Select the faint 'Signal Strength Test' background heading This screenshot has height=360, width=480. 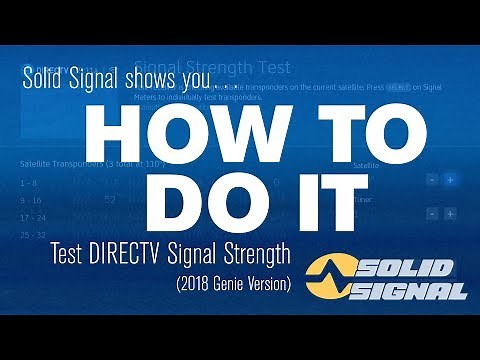coord(212,68)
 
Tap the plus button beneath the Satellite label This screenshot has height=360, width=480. coord(450,180)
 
